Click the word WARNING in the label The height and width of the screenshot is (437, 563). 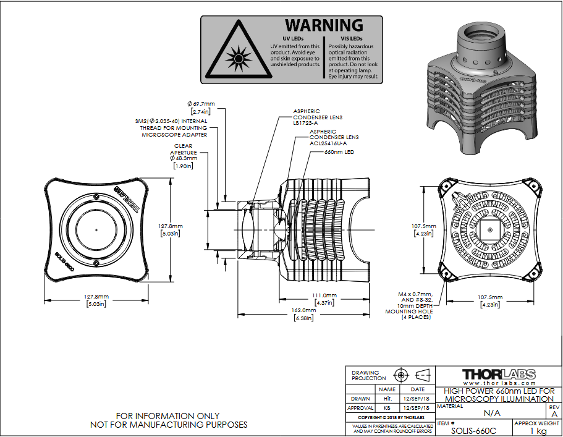[x=323, y=25]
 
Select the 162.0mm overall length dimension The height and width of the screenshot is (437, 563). [x=303, y=310]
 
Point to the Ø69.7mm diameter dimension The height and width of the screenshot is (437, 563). [x=201, y=103]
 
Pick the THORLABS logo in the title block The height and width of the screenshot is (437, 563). [x=499, y=375]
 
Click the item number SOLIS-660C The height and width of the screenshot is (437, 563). [x=473, y=430]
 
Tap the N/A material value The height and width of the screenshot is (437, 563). [x=492, y=412]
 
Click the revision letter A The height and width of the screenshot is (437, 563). [x=554, y=414]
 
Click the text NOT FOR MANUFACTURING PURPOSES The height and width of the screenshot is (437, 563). [x=169, y=425]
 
